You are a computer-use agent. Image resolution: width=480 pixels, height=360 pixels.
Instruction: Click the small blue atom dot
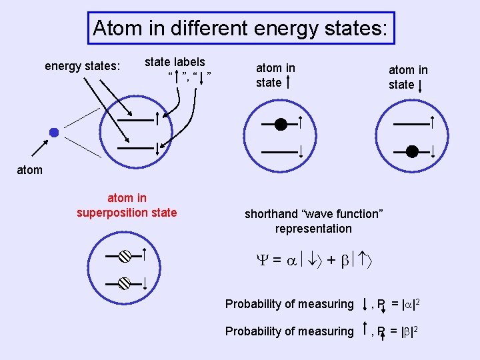[x=54, y=133]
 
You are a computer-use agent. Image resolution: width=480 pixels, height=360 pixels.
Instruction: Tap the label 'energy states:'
[x=82, y=66]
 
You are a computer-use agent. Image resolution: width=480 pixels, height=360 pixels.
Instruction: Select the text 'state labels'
[x=175, y=62]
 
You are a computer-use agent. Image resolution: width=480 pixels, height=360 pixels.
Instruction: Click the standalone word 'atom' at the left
[x=29, y=170]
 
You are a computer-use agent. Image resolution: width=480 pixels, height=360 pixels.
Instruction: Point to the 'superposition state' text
[x=127, y=213]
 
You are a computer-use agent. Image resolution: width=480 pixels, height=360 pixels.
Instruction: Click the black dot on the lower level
[x=412, y=152]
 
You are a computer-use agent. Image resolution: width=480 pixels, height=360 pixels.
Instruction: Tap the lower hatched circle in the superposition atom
[x=125, y=283]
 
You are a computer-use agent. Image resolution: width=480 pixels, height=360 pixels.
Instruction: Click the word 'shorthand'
[x=270, y=214]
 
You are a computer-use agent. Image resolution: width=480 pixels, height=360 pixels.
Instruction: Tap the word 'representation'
[x=313, y=229]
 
